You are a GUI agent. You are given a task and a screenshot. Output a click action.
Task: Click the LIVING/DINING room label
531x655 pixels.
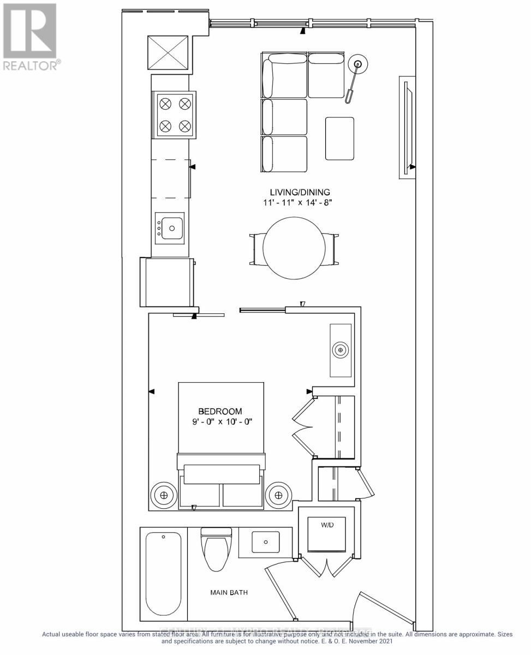300,192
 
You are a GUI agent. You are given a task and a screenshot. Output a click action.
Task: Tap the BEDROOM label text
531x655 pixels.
220,411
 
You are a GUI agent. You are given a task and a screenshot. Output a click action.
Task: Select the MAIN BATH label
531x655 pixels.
230,592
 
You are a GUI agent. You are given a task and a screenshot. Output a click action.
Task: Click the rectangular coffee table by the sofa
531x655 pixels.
339,139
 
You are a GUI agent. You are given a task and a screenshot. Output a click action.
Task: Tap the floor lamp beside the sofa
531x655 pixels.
357,65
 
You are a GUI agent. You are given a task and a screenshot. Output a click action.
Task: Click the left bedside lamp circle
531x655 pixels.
163,495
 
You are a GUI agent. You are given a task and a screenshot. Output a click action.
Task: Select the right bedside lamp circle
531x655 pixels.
278,495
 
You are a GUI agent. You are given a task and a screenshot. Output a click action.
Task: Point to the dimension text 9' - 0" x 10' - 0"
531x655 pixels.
219,422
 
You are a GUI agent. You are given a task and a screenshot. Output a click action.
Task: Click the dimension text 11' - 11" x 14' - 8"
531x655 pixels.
300,203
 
